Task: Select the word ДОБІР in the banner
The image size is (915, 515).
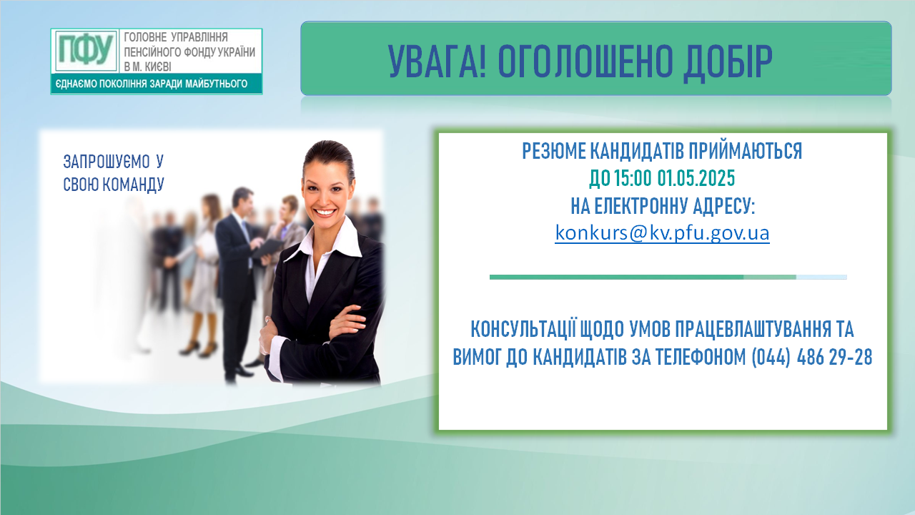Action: click(728, 62)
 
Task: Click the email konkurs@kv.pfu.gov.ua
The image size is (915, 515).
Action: click(662, 233)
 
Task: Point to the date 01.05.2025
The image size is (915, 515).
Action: click(696, 178)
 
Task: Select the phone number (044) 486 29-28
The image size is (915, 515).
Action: click(812, 357)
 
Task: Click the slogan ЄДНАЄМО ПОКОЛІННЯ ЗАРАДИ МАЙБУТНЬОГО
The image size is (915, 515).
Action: click(151, 84)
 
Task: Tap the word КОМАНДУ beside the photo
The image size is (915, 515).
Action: click(133, 185)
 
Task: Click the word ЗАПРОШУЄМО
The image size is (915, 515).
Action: click(107, 162)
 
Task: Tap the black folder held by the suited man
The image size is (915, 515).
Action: click(267, 248)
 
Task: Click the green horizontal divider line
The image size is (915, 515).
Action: click(668, 277)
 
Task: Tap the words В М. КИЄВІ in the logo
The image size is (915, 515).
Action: click(147, 67)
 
